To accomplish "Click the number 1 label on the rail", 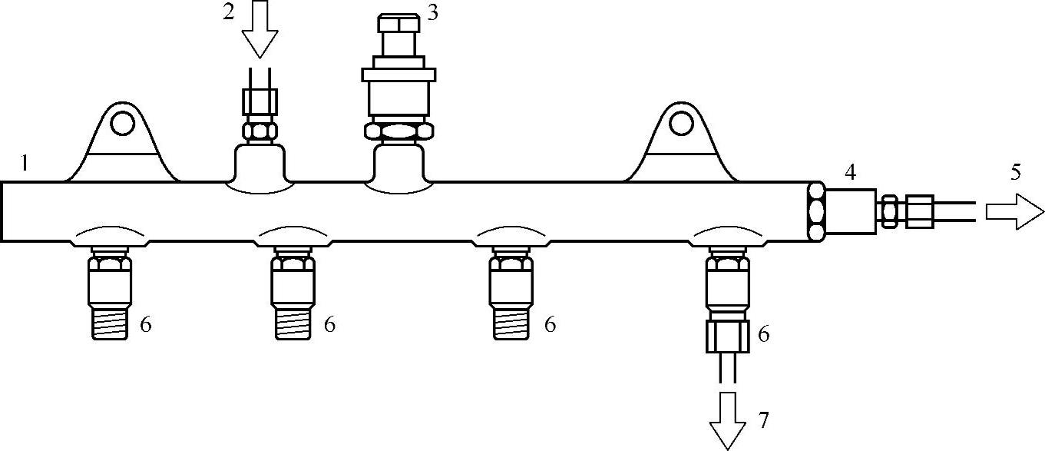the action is pyautogui.click(x=25, y=163).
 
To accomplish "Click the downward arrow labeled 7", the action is pyautogui.click(x=727, y=419).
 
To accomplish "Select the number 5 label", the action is pyautogui.click(x=1015, y=172).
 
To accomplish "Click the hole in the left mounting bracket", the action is pyautogui.click(x=121, y=123).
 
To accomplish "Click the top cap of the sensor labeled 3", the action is pyautogui.click(x=398, y=22).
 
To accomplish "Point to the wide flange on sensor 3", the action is pyautogui.click(x=399, y=75).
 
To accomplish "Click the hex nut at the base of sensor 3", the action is pyautogui.click(x=399, y=131).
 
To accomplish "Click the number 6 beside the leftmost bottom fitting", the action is pyautogui.click(x=146, y=325).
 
